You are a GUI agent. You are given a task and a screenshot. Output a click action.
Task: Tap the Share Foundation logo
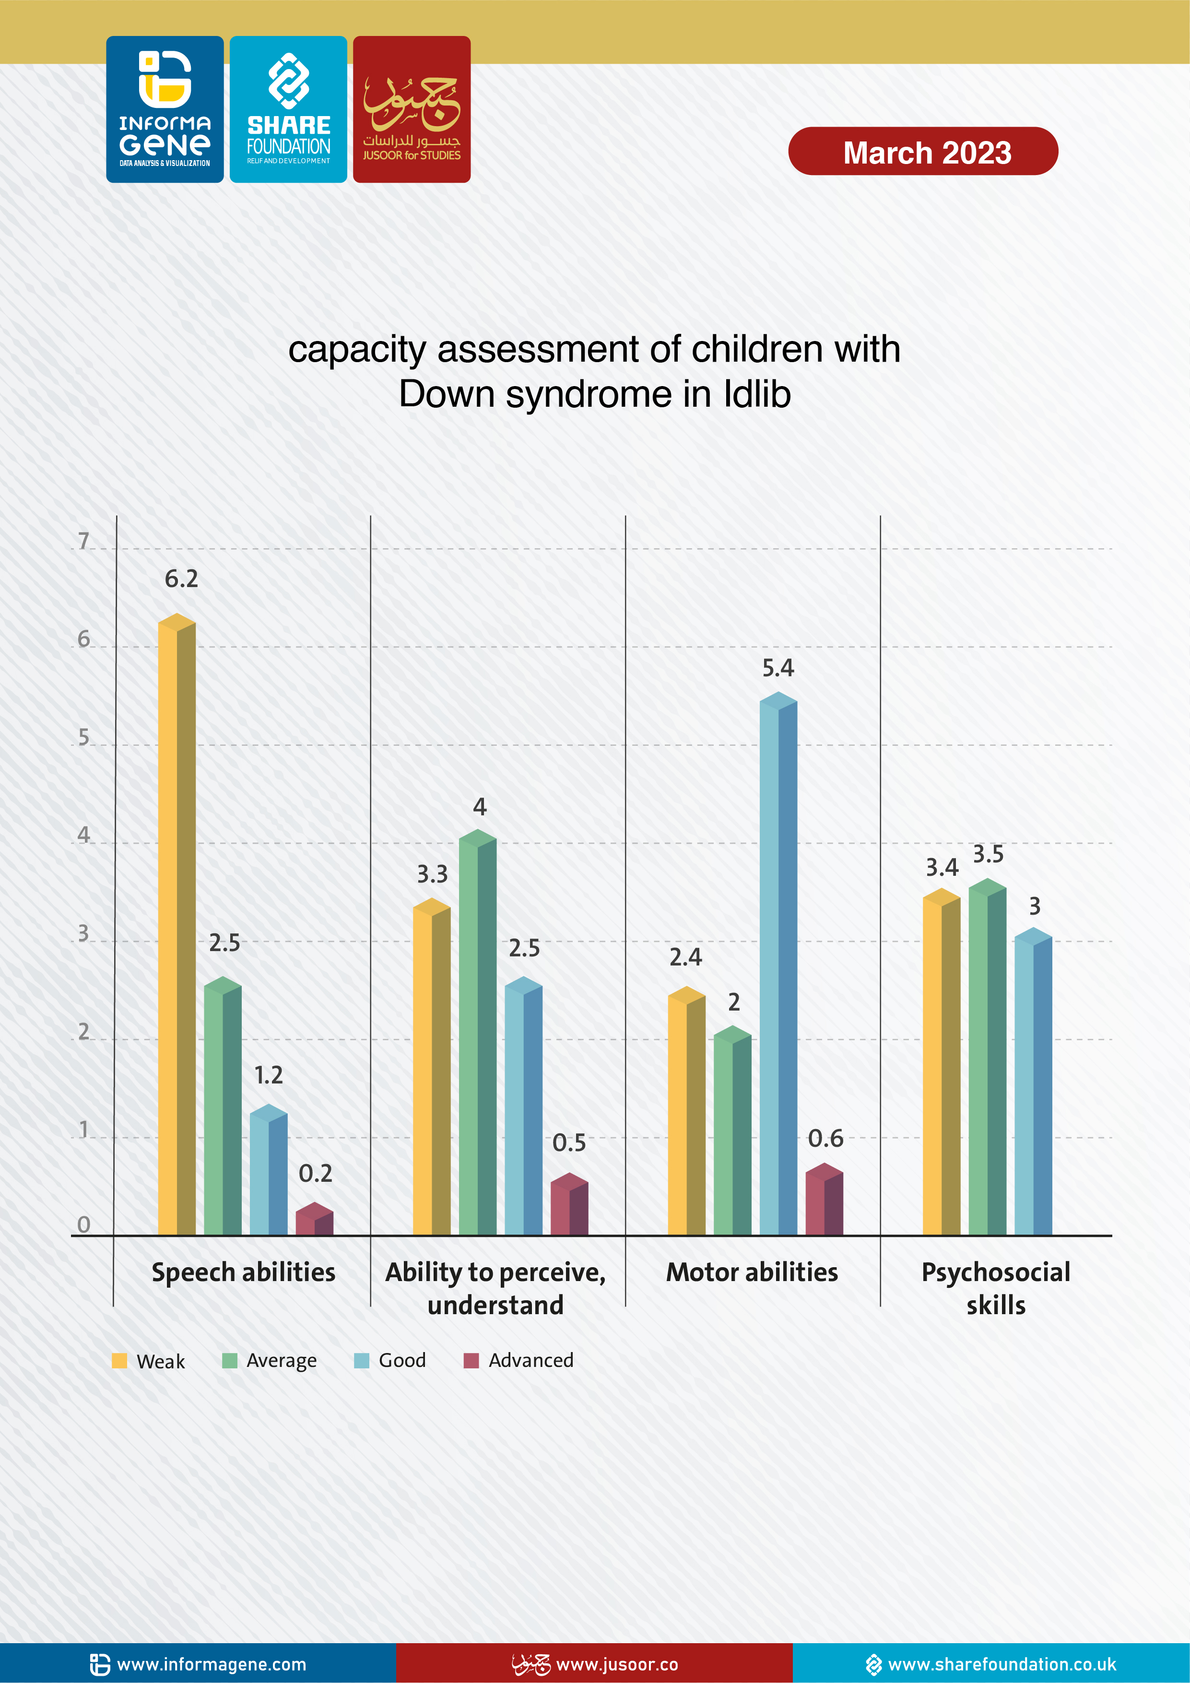288,109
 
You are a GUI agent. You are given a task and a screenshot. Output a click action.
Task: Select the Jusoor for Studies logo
412,109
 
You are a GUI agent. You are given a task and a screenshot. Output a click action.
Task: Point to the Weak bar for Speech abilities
177,927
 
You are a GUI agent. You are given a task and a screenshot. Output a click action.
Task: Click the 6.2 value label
181,579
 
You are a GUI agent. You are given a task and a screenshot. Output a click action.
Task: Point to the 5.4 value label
778,668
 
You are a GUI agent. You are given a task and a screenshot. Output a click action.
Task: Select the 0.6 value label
825,1138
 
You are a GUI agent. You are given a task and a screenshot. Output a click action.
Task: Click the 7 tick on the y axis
83,541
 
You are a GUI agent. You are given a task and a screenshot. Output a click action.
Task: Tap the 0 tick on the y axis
83,1224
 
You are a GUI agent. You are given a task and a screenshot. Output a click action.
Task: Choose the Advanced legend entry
520,1361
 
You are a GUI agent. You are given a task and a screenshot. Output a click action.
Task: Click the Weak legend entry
149,1361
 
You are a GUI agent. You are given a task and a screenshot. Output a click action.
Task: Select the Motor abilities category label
752,1272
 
